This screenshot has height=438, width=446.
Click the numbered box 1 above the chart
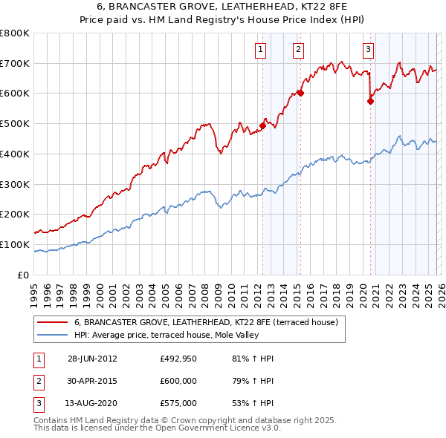[x=262, y=50]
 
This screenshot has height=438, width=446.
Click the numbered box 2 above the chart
[x=298, y=50]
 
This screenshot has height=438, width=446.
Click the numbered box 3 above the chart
[x=368, y=50]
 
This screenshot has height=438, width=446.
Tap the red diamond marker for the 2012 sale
[x=262, y=126]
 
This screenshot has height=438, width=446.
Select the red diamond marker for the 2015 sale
[x=300, y=94]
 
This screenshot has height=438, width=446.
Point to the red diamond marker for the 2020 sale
[x=370, y=102]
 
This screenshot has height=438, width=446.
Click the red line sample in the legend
[x=52, y=323]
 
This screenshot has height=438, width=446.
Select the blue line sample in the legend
[x=52, y=335]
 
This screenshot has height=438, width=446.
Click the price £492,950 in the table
[x=178, y=359]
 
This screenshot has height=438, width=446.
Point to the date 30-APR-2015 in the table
[x=91, y=381]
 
